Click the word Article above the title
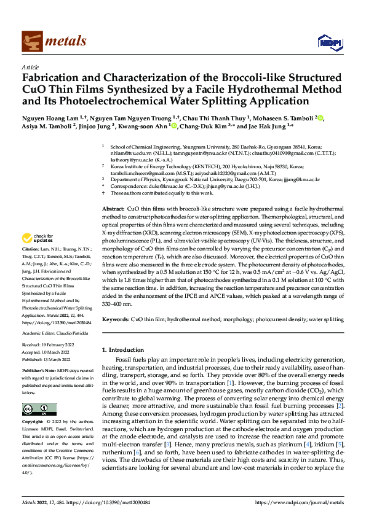click(30, 66)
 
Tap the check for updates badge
click(38, 238)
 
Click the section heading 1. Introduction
click(124, 349)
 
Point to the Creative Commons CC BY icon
click(39, 409)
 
